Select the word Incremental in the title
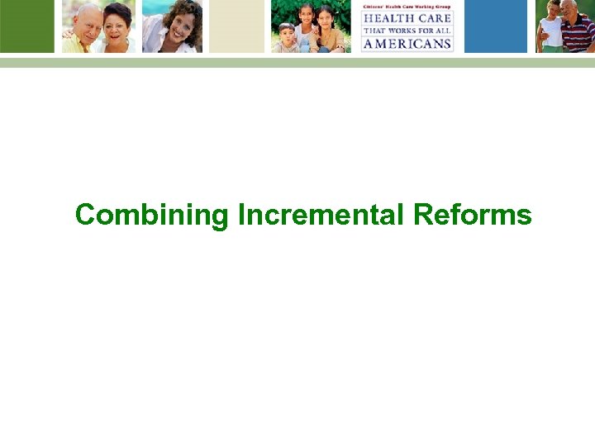click(x=321, y=215)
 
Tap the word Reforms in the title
click(x=473, y=215)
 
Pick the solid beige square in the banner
click(x=236, y=26)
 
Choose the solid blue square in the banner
click(x=495, y=26)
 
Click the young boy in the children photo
click(x=288, y=38)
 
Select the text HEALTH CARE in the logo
click(x=407, y=18)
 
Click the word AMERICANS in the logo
click(x=407, y=43)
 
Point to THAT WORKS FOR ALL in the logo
click(x=407, y=31)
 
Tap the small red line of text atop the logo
click(x=407, y=7)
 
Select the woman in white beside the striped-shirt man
click(x=551, y=28)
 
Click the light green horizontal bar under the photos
click(x=297, y=63)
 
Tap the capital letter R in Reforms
click(x=423, y=215)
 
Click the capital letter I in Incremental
click(x=241, y=215)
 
